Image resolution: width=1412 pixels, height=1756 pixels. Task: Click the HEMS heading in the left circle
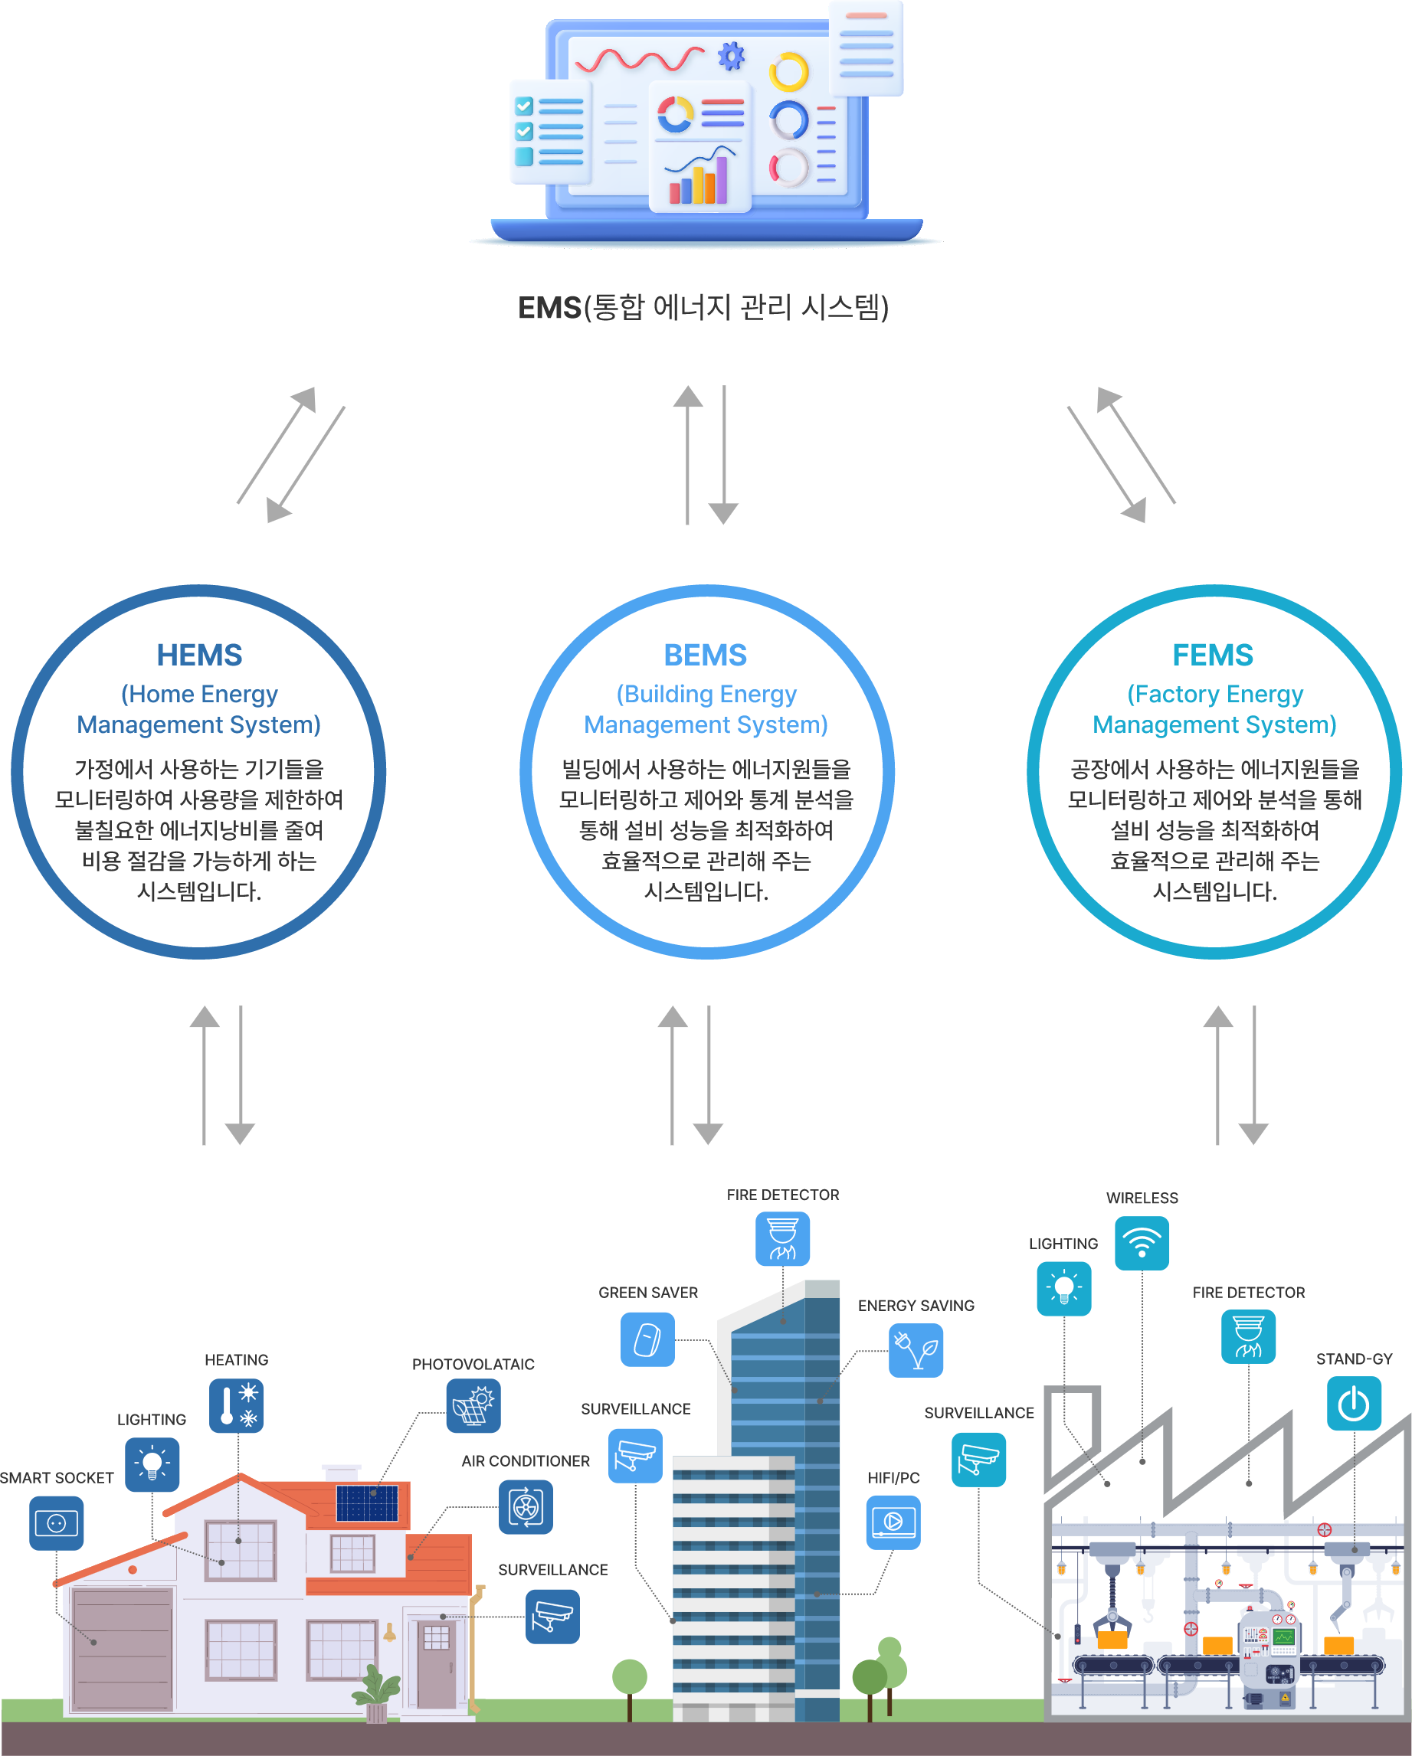(200, 655)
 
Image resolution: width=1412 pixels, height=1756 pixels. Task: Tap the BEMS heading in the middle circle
(706, 655)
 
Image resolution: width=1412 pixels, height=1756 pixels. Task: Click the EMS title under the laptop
(703, 308)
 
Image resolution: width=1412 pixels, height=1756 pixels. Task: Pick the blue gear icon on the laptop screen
(731, 56)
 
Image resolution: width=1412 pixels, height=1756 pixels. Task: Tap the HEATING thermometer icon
(236, 1406)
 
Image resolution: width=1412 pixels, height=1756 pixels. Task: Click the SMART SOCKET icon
(56, 1523)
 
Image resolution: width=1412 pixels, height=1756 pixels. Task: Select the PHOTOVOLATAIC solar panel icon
(473, 1406)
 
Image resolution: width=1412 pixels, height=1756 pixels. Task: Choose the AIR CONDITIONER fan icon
(526, 1507)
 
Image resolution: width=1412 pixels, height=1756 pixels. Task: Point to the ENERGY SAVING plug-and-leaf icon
(916, 1350)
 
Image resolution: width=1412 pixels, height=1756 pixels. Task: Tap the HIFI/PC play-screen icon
(893, 1522)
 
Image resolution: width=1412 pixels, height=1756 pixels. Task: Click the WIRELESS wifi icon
(1142, 1243)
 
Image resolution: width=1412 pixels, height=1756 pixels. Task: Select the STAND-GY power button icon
(1353, 1403)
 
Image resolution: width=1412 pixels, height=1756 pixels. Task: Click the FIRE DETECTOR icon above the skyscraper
(782, 1239)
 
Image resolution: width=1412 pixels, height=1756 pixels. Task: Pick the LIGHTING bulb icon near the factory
(1063, 1289)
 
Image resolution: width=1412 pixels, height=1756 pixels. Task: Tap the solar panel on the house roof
(368, 1503)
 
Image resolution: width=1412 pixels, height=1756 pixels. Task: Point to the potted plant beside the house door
(375, 1694)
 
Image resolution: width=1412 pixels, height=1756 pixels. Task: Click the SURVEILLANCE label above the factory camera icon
(978, 1413)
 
